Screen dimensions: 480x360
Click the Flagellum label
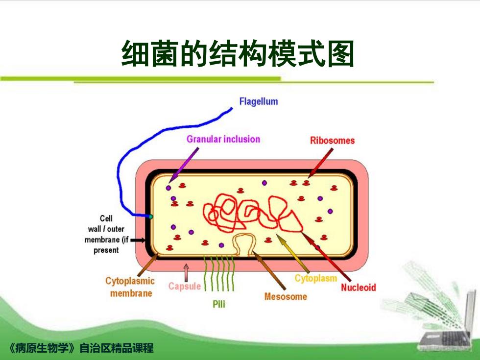(x=259, y=101)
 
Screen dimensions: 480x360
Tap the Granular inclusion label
(x=223, y=139)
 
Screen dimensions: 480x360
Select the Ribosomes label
(x=332, y=141)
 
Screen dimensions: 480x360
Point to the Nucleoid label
(x=359, y=288)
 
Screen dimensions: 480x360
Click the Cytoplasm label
(x=315, y=278)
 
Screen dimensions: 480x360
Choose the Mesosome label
(x=286, y=297)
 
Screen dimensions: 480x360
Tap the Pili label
(x=219, y=304)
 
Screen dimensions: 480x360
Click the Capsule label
(x=185, y=286)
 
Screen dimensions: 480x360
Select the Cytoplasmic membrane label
(x=130, y=287)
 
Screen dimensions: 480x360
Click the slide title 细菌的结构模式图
(x=238, y=53)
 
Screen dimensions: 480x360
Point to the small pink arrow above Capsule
(x=186, y=273)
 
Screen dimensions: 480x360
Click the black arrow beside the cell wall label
(x=138, y=240)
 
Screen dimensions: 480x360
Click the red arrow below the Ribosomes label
(x=320, y=163)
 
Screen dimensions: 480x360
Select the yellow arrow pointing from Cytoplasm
(x=293, y=253)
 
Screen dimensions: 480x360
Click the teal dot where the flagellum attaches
(x=150, y=216)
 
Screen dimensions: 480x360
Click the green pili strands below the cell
(x=219, y=273)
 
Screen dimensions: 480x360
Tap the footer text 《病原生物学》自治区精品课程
(x=81, y=348)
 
